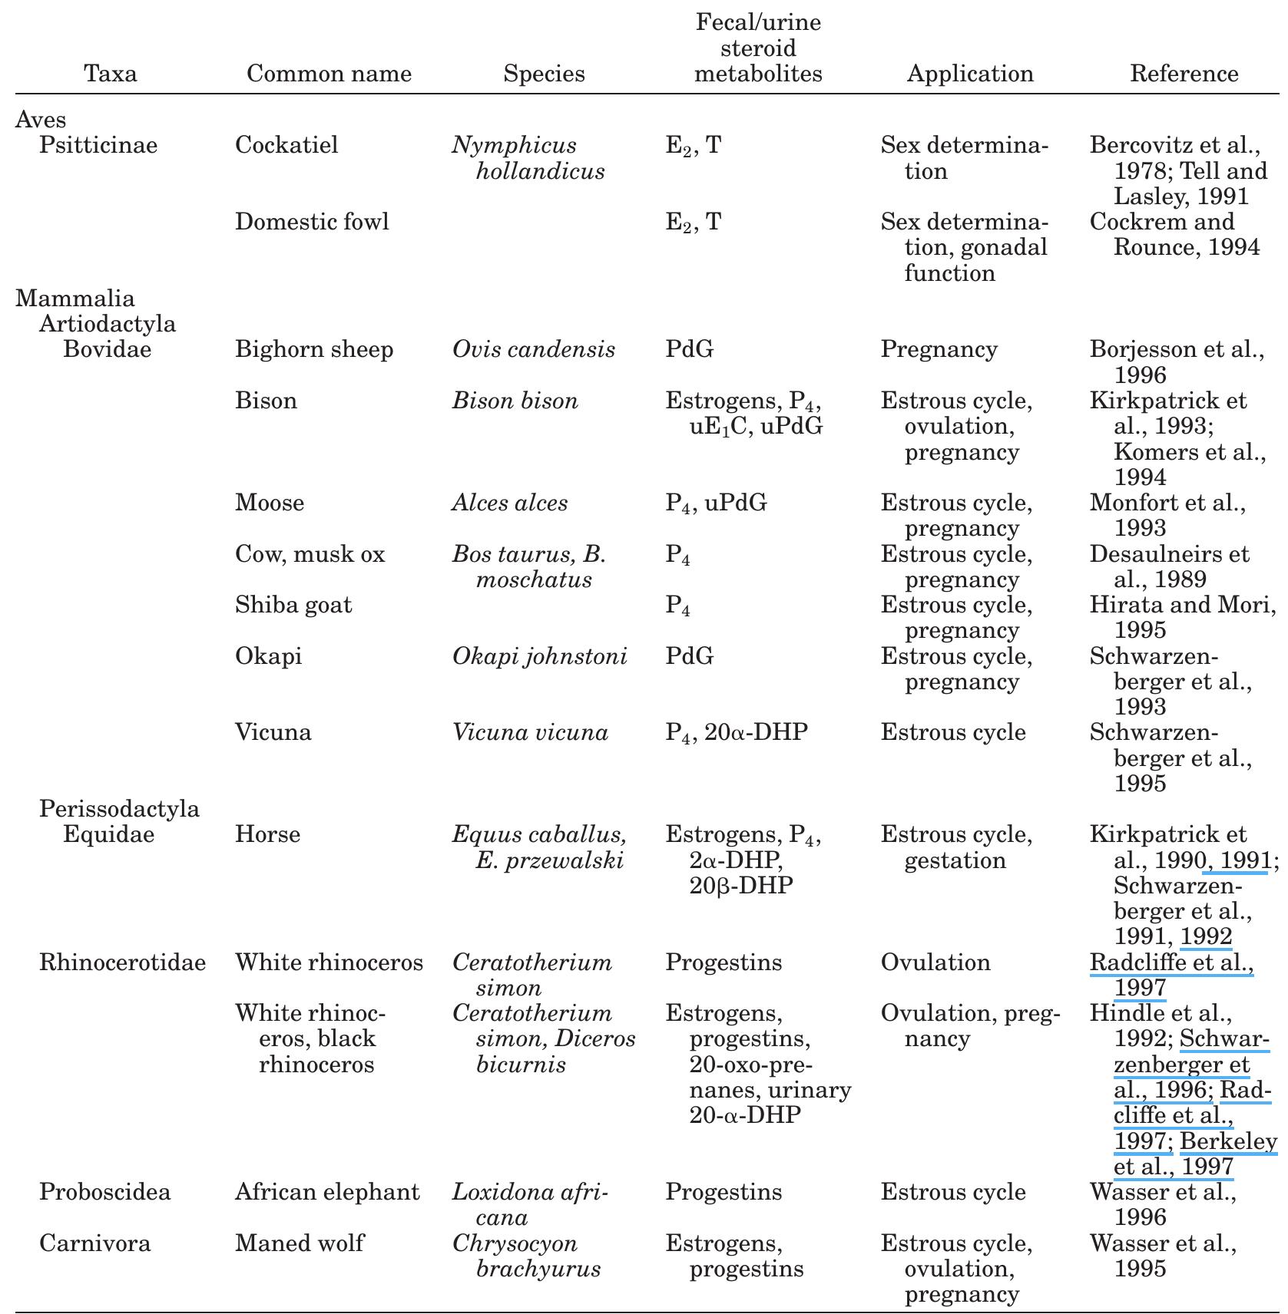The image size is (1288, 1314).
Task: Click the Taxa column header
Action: [x=111, y=74]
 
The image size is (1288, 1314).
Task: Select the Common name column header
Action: [x=329, y=74]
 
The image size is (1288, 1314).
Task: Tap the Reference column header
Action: [x=1184, y=74]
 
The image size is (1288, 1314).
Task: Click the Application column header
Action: [x=970, y=74]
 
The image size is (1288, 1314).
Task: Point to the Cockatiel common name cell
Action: [x=286, y=145]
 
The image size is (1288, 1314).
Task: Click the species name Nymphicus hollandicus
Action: [x=528, y=158]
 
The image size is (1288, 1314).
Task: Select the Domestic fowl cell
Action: [x=312, y=222]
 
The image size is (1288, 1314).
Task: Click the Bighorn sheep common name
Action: [x=314, y=349]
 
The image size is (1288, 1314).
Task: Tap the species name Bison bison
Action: [x=515, y=401]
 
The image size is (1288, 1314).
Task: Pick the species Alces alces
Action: [x=510, y=503]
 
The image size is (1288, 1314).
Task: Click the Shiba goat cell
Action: [x=293, y=605]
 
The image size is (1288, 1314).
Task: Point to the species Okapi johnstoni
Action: [x=539, y=656]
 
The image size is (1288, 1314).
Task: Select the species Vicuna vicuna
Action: [x=530, y=732]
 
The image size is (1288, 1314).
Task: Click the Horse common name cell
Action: [x=267, y=834]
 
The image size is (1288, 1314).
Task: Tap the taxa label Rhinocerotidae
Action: [x=123, y=962]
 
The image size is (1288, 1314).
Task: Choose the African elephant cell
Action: [x=327, y=1192]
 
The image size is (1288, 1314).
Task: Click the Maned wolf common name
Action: [x=300, y=1243]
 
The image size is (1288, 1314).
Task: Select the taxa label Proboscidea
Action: [x=105, y=1192]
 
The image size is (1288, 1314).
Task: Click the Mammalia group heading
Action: [x=75, y=299]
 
